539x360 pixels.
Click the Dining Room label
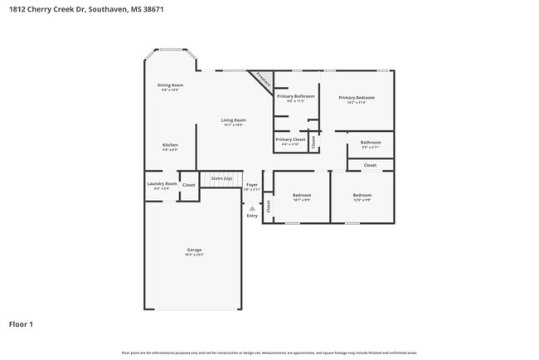[x=171, y=85]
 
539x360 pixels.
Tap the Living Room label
[x=233, y=120]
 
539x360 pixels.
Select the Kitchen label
[x=170, y=145]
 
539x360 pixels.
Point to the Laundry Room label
[x=162, y=183]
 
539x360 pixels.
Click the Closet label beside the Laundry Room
[x=189, y=185]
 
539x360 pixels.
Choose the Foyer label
[x=252, y=185]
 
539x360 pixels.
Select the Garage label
[x=194, y=250]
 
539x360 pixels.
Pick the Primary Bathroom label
[x=295, y=96]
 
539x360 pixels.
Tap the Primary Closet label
[x=290, y=139]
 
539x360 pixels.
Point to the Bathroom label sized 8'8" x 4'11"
[x=371, y=142]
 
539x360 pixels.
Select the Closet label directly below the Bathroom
[x=370, y=165]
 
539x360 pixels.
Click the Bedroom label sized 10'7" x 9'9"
[x=302, y=195]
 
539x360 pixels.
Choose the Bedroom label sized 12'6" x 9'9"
[x=362, y=195]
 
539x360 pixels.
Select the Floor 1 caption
[x=22, y=324]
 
